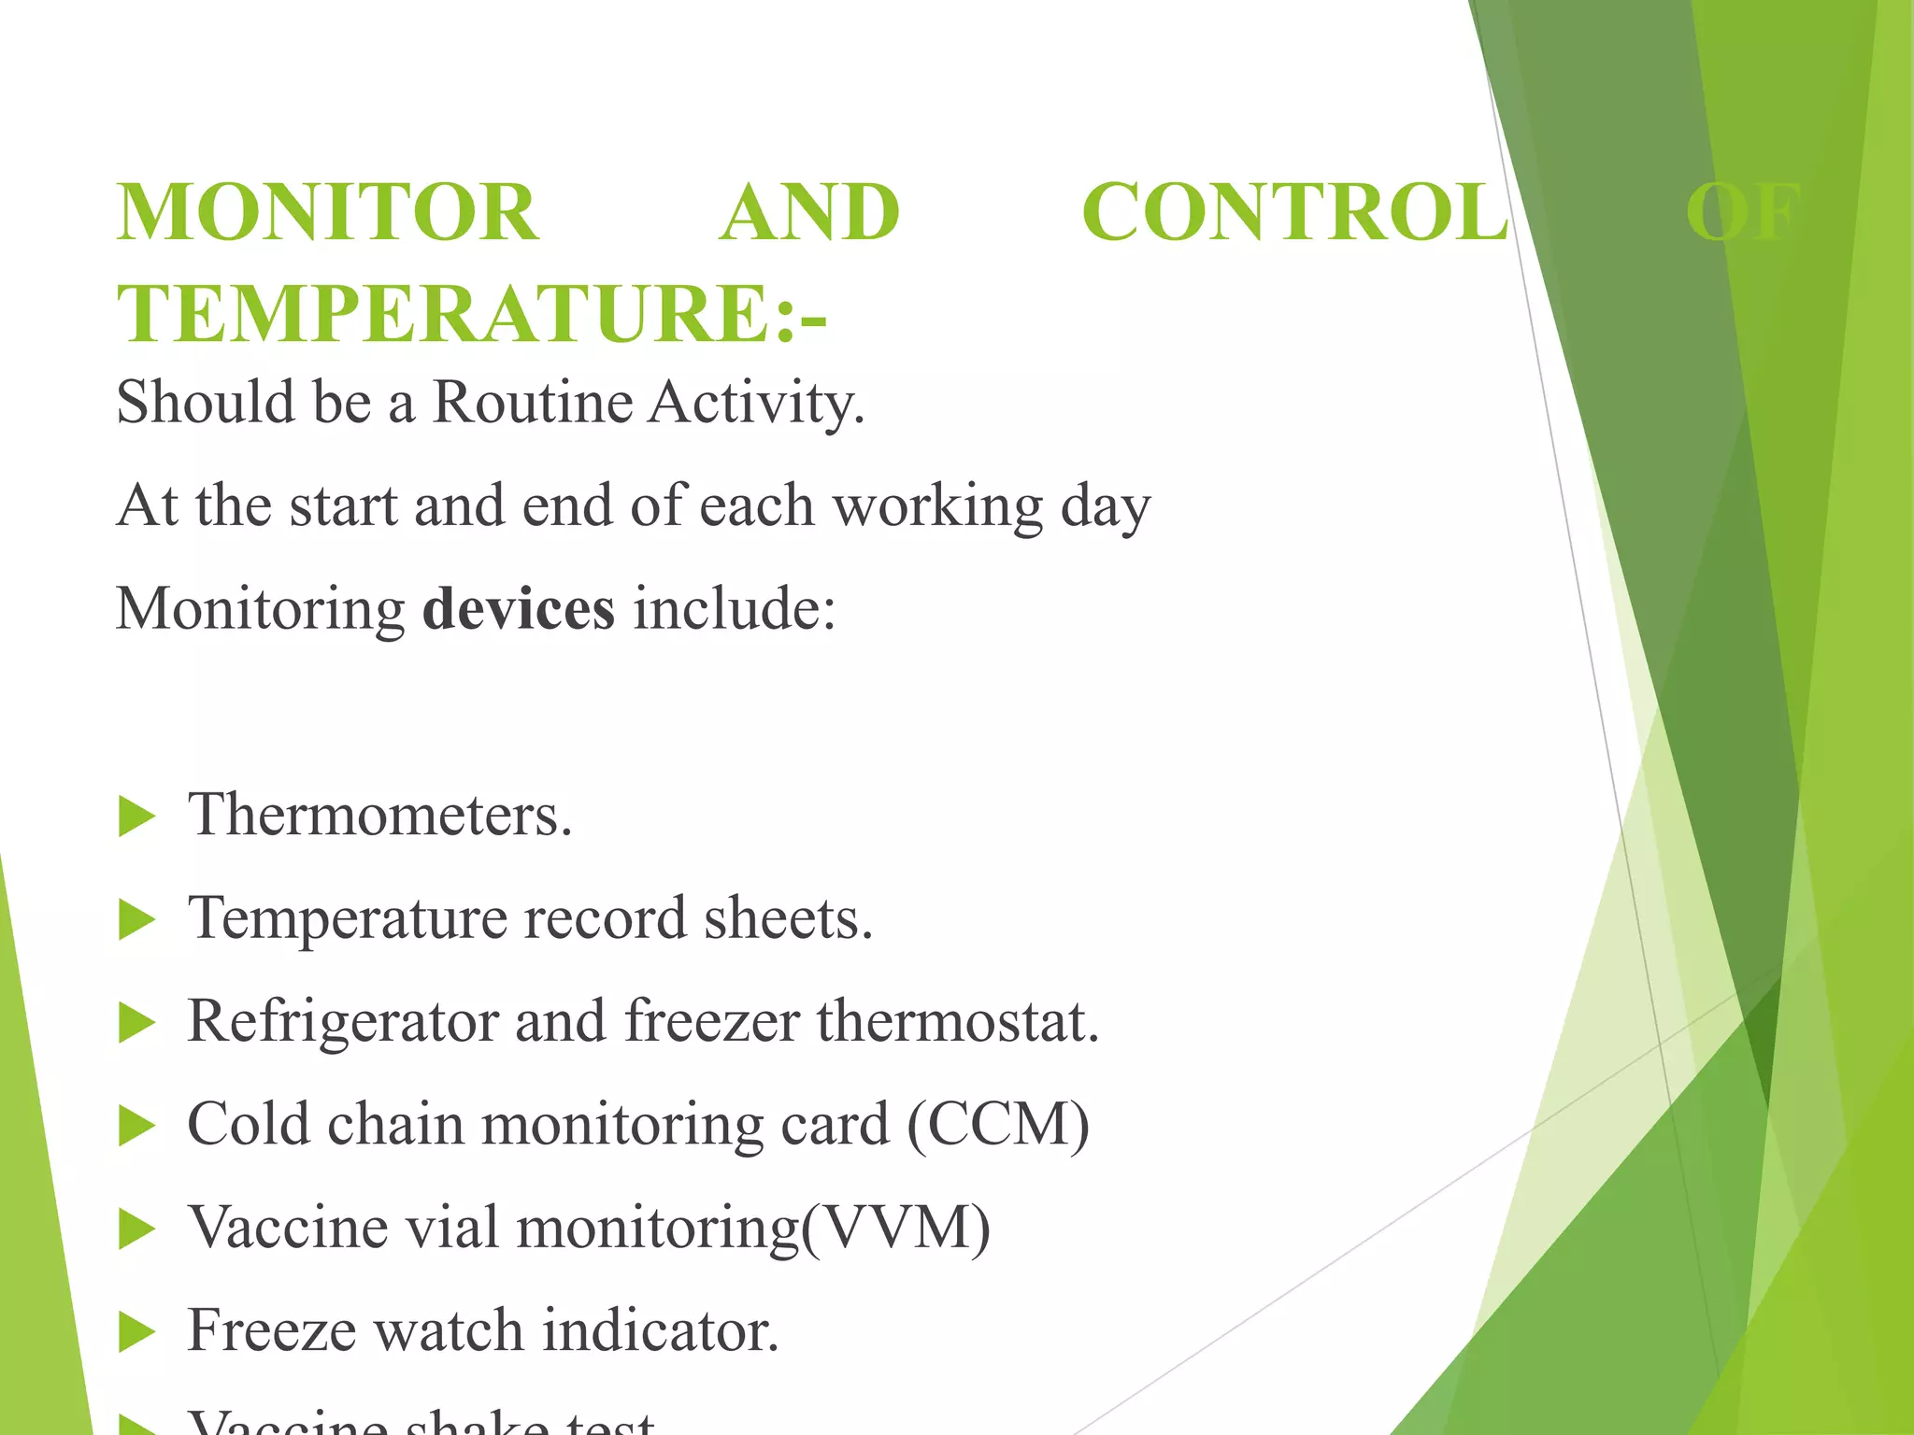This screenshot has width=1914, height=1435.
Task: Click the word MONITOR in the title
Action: pyautogui.click(x=327, y=212)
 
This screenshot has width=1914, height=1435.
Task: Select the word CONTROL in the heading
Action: pyautogui.click(x=1294, y=212)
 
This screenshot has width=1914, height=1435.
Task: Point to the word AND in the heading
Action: pyautogui.click(x=809, y=212)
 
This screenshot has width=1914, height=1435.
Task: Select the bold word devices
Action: pyautogui.click(x=519, y=609)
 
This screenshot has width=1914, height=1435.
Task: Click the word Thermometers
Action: pyautogui.click(x=379, y=815)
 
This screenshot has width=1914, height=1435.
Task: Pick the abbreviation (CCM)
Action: pyautogui.click(x=997, y=1124)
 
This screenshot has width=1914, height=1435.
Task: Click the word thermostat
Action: pyautogui.click(x=958, y=1021)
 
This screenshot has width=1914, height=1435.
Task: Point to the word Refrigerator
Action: pyautogui.click(x=342, y=1021)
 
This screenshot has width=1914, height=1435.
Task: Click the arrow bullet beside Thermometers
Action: pyautogui.click(x=137, y=817)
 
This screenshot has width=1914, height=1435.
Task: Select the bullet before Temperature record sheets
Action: pyautogui.click(x=137, y=921)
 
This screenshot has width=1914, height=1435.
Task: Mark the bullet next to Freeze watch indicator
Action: pyautogui.click(x=137, y=1333)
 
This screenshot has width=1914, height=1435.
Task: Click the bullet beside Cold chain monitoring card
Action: pyautogui.click(x=137, y=1127)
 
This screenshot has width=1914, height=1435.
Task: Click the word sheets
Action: pyautogui.click(x=788, y=918)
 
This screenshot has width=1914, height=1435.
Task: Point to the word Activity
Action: pyautogui.click(x=757, y=403)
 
